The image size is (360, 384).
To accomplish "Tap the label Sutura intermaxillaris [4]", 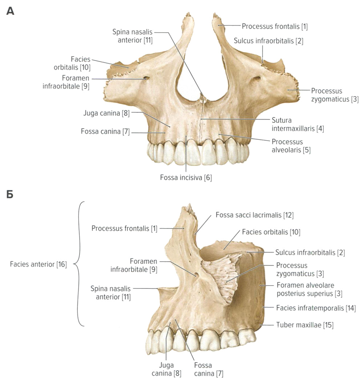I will click(297, 124).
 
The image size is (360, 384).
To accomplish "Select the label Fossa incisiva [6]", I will click(186, 178).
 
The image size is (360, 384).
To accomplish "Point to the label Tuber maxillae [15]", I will click(305, 325).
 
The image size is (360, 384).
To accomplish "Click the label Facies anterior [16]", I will click(38, 264).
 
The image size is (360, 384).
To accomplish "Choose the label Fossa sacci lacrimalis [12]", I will click(254, 215).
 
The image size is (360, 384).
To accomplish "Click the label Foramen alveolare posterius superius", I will click(309, 289).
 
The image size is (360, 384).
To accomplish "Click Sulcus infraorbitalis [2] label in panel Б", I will click(310, 252).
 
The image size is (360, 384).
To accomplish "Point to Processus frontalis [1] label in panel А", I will click(275, 26).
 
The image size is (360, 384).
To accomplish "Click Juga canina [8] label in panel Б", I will click(166, 369).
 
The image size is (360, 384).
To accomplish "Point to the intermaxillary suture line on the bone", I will click(201, 120).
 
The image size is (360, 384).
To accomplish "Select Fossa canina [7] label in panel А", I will click(105, 131).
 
